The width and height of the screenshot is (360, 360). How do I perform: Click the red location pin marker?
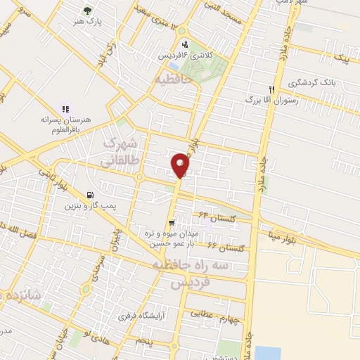(x=180, y=165)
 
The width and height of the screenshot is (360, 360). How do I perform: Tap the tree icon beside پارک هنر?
(x=86, y=11)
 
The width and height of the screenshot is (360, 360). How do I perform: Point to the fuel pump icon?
(x=89, y=195)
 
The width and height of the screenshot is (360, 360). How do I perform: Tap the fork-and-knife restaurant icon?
(x=271, y=89)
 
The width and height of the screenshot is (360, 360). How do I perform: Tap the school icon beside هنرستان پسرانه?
(x=65, y=109)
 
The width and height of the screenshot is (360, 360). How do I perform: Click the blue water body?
(x=267, y=352)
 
